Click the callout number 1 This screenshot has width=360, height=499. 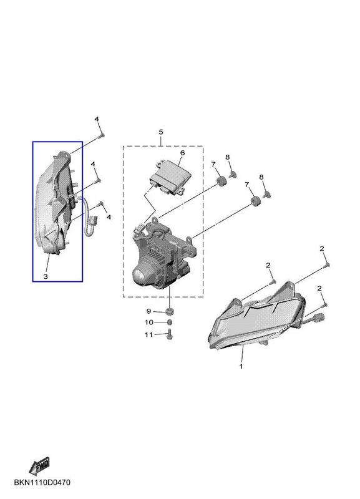(x=241, y=366)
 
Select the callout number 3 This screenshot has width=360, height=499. (x=46, y=276)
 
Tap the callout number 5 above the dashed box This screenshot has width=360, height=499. (x=161, y=132)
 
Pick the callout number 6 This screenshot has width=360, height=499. (x=182, y=153)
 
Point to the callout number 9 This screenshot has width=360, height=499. (x=148, y=311)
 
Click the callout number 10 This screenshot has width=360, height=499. (x=149, y=322)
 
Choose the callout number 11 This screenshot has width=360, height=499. (x=148, y=334)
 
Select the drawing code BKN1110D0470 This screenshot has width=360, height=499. (x=42, y=482)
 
